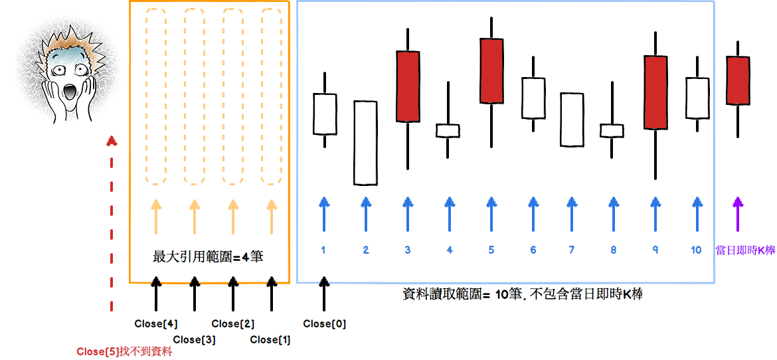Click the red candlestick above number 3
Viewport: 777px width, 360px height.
[x=408, y=86]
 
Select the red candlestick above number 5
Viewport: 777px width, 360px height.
[x=491, y=70]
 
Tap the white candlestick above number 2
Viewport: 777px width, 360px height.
[x=365, y=143]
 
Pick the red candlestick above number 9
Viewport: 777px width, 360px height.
[x=655, y=92]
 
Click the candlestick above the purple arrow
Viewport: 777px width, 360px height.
[x=737, y=80]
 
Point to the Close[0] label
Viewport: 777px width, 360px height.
[x=324, y=324]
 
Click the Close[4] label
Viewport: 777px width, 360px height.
[x=156, y=324]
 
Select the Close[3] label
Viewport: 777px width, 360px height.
[x=194, y=339]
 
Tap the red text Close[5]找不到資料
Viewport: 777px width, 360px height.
[x=124, y=352]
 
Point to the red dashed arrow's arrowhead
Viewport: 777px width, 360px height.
[x=112, y=141]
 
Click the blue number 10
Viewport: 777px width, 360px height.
[x=696, y=250]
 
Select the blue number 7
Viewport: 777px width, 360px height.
[x=572, y=250]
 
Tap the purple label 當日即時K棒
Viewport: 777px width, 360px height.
[x=745, y=250]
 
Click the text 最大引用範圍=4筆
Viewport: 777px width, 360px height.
[x=208, y=256]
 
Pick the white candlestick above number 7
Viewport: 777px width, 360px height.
[x=572, y=120]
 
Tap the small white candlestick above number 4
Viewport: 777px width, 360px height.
[x=448, y=131]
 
